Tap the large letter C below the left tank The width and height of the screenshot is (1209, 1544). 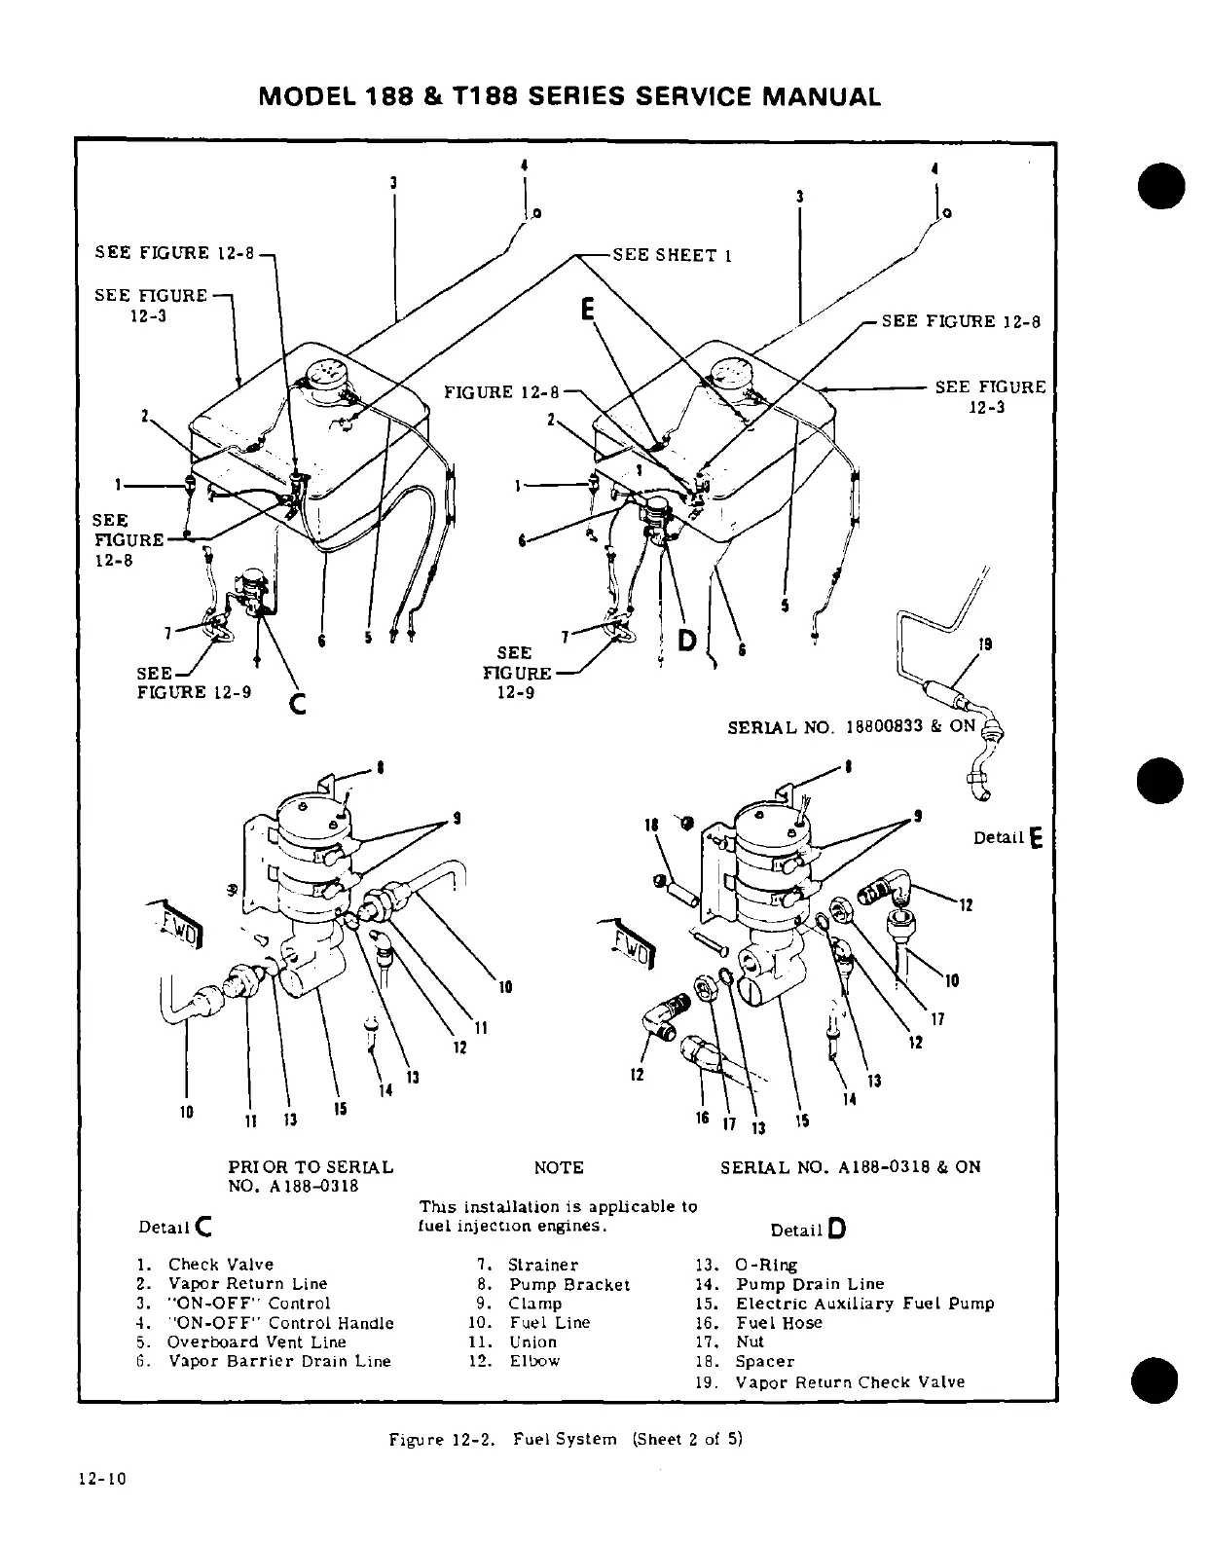299,701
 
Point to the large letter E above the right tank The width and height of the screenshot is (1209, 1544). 587,310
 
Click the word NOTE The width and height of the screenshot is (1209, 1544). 559,1167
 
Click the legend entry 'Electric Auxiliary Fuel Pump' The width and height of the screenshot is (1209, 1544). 864,1304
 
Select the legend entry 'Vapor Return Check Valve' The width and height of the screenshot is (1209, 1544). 850,1381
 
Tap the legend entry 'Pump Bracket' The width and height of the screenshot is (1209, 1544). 569,1284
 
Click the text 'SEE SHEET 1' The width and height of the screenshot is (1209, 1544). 672,255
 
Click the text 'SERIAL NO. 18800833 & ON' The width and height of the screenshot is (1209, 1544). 852,726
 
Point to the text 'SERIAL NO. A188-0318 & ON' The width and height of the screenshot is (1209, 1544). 850,1167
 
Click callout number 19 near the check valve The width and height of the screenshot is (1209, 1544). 985,643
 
